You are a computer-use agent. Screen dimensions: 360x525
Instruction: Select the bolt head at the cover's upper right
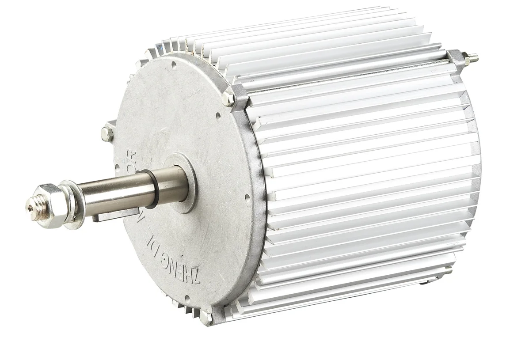point(229,98)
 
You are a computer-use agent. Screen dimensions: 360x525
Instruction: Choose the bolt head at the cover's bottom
point(206,315)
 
